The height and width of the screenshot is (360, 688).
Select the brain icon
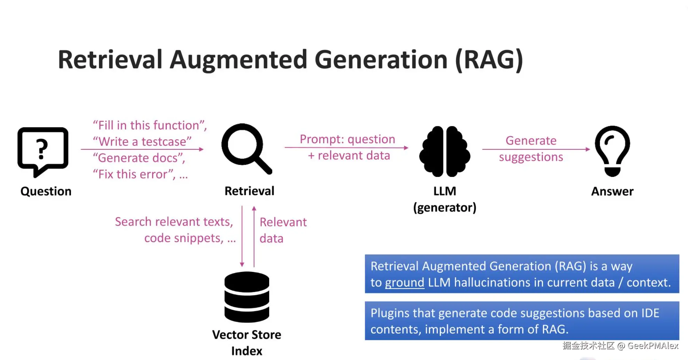click(x=445, y=151)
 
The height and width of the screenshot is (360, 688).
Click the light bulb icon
click(x=612, y=151)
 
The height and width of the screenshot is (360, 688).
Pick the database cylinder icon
click(x=247, y=297)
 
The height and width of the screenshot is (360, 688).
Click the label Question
click(x=46, y=191)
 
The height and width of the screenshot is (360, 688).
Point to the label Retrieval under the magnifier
click(x=249, y=191)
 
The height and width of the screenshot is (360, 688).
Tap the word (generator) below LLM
click(x=445, y=208)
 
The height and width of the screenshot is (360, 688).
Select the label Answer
click(x=612, y=191)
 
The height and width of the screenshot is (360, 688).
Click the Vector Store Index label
click(x=247, y=343)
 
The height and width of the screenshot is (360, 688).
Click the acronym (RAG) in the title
click(x=489, y=60)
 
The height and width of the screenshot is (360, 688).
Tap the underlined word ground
click(x=405, y=282)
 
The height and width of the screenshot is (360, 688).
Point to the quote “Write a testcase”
click(x=142, y=141)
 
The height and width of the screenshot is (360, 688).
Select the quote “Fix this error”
click(x=134, y=174)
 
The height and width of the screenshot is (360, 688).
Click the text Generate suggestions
click(x=531, y=149)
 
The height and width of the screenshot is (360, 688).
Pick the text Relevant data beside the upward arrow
click(x=283, y=230)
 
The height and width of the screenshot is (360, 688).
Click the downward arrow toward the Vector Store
click(x=242, y=236)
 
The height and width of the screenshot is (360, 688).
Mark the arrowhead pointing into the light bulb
click(x=588, y=149)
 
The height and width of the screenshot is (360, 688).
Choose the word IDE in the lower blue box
click(x=650, y=313)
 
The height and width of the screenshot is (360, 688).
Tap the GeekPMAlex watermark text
click(x=653, y=345)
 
